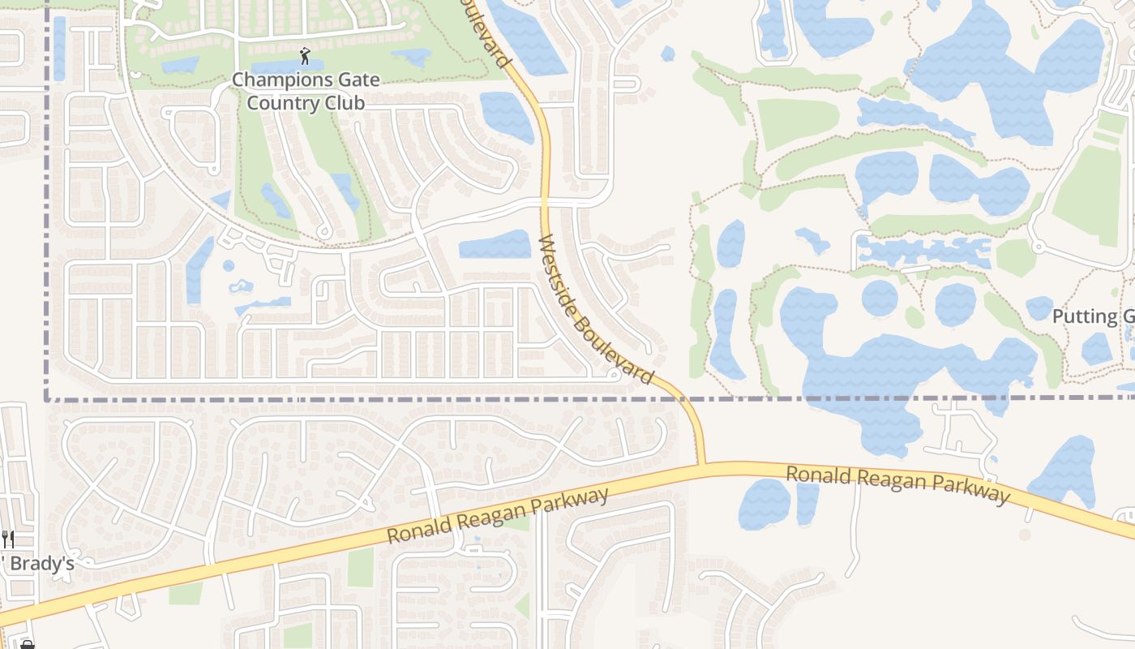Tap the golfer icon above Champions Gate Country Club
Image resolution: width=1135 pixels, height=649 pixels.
pos(305,56)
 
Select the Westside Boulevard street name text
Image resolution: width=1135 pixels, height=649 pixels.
pos(596,309)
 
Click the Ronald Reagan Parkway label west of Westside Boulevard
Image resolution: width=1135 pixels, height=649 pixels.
pos(497,517)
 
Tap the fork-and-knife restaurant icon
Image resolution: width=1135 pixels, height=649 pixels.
pos(8,539)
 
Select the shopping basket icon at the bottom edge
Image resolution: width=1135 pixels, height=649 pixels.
pos(27,645)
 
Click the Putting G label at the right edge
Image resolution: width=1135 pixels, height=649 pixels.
pos(1093,316)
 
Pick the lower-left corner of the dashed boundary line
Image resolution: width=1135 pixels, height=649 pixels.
pos(46,398)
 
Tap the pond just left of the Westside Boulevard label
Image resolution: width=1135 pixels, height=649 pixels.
pos(495,244)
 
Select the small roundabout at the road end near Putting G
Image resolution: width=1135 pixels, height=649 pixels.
pos(1037,247)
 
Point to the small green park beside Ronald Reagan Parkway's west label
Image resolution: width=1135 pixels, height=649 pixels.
pos(360,567)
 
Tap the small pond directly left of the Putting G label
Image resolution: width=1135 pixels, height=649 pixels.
pos(1039,308)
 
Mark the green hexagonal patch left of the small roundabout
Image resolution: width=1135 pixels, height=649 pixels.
pos(1014,258)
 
